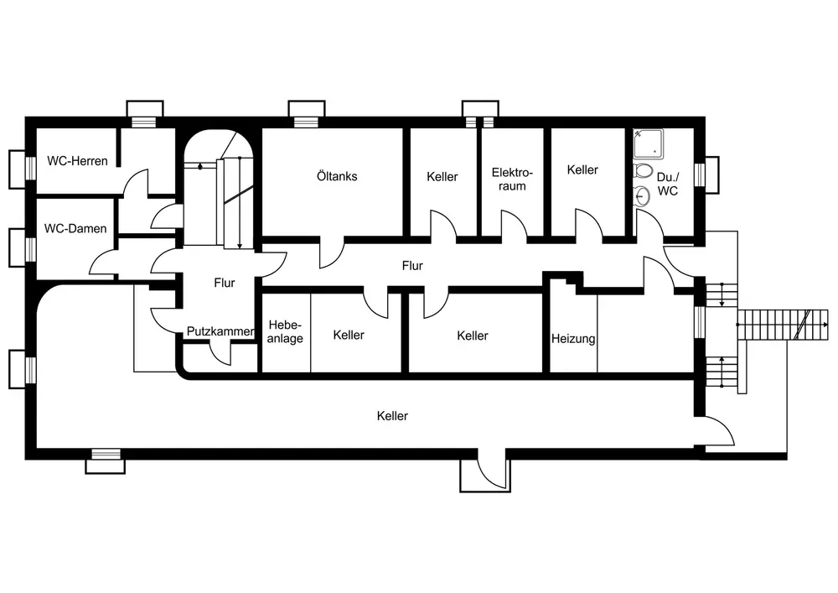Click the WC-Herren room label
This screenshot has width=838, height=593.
tap(78, 160)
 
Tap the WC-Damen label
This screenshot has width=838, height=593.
tap(76, 228)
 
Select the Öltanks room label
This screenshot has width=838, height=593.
tap(338, 176)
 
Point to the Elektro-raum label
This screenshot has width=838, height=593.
tap(512, 179)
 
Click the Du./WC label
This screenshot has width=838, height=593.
tap(668, 184)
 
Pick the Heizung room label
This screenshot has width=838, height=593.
tap(573, 339)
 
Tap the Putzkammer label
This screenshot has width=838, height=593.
tap(220, 331)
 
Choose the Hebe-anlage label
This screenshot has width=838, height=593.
tap(286, 331)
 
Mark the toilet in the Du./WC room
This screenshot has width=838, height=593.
tap(644, 172)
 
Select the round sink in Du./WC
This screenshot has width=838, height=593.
tap(643, 197)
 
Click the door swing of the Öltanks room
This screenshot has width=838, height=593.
tap(332, 253)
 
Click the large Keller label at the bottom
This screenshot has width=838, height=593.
tap(392, 415)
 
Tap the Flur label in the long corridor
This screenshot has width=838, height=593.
tap(411, 266)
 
